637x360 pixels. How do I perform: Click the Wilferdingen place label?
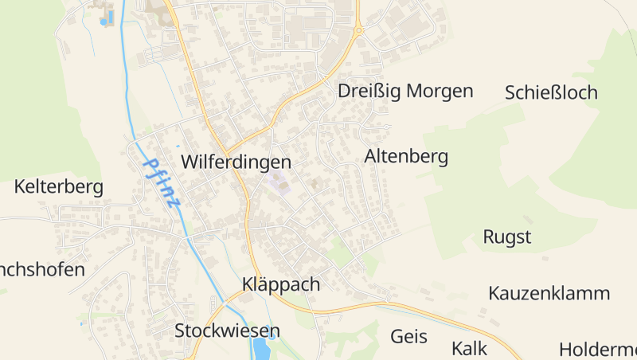236,162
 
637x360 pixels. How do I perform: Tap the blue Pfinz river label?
162,182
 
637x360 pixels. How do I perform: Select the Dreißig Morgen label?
405,91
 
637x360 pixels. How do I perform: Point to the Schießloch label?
551,92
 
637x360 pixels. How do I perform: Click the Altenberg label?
406,157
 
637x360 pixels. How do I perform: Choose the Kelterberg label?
59,187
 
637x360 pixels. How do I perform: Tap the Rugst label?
506,237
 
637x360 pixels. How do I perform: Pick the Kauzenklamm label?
549,293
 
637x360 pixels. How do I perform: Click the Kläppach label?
280,284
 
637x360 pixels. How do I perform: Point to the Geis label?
408,336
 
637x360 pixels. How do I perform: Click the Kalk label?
469,348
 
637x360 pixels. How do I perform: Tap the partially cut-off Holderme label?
597,349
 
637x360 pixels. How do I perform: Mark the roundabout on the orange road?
359,30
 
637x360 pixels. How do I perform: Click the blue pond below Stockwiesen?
261,349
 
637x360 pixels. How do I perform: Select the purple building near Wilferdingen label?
279,183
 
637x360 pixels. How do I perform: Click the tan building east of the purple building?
315,185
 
